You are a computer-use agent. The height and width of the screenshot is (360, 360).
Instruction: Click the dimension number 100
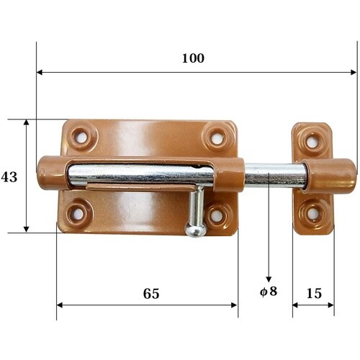coord(193,58)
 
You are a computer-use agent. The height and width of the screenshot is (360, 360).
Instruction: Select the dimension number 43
coord(9,176)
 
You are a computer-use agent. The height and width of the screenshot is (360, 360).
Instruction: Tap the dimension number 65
coord(150,293)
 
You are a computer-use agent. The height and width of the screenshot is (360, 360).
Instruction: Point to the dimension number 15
coord(313,293)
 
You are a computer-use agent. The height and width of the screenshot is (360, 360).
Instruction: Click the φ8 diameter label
coord(268,294)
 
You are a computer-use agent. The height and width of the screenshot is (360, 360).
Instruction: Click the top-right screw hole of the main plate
coord(214,135)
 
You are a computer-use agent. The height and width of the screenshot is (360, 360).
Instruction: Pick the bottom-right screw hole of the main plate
coord(217,214)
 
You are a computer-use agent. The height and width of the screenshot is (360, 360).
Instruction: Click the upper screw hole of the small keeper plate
coord(312,140)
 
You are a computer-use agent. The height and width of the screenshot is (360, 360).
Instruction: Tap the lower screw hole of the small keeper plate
coord(312,213)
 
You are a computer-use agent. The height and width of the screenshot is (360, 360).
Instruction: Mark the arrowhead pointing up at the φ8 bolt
coord(269,279)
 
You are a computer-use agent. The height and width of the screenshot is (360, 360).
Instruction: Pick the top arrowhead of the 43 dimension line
coord(27,123)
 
